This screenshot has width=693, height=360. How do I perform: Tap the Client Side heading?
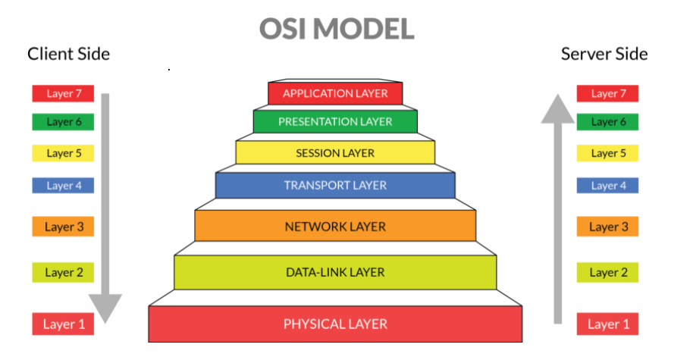click(x=68, y=54)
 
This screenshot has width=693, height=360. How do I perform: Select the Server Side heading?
click(x=604, y=54)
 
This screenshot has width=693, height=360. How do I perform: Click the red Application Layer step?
click(x=335, y=94)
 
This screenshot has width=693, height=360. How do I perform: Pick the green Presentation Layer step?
click(x=335, y=121)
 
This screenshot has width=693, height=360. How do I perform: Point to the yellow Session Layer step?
click(x=335, y=153)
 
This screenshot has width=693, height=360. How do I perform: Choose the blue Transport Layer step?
click(x=335, y=186)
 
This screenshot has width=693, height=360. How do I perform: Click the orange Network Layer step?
click(x=335, y=227)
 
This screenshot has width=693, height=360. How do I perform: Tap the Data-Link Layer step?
click(x=335, y=272)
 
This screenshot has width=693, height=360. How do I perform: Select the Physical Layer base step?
click(x=335, y=324)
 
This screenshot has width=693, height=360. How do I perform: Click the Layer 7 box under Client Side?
click(x=62, y=94)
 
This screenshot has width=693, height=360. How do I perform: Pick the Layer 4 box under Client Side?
click(x=62, y=186)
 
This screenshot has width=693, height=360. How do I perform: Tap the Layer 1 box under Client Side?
click(x=62, y=324)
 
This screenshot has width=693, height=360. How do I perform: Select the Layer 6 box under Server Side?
click(x=607, y=122)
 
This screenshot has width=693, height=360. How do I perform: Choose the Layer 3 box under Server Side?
click(x=607, y=227)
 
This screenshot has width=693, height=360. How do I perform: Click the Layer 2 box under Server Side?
click(x=607, y=272)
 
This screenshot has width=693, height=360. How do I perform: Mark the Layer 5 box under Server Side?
click(x=607, y=153)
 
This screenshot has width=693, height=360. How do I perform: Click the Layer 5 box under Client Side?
click(x=62, y=153)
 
